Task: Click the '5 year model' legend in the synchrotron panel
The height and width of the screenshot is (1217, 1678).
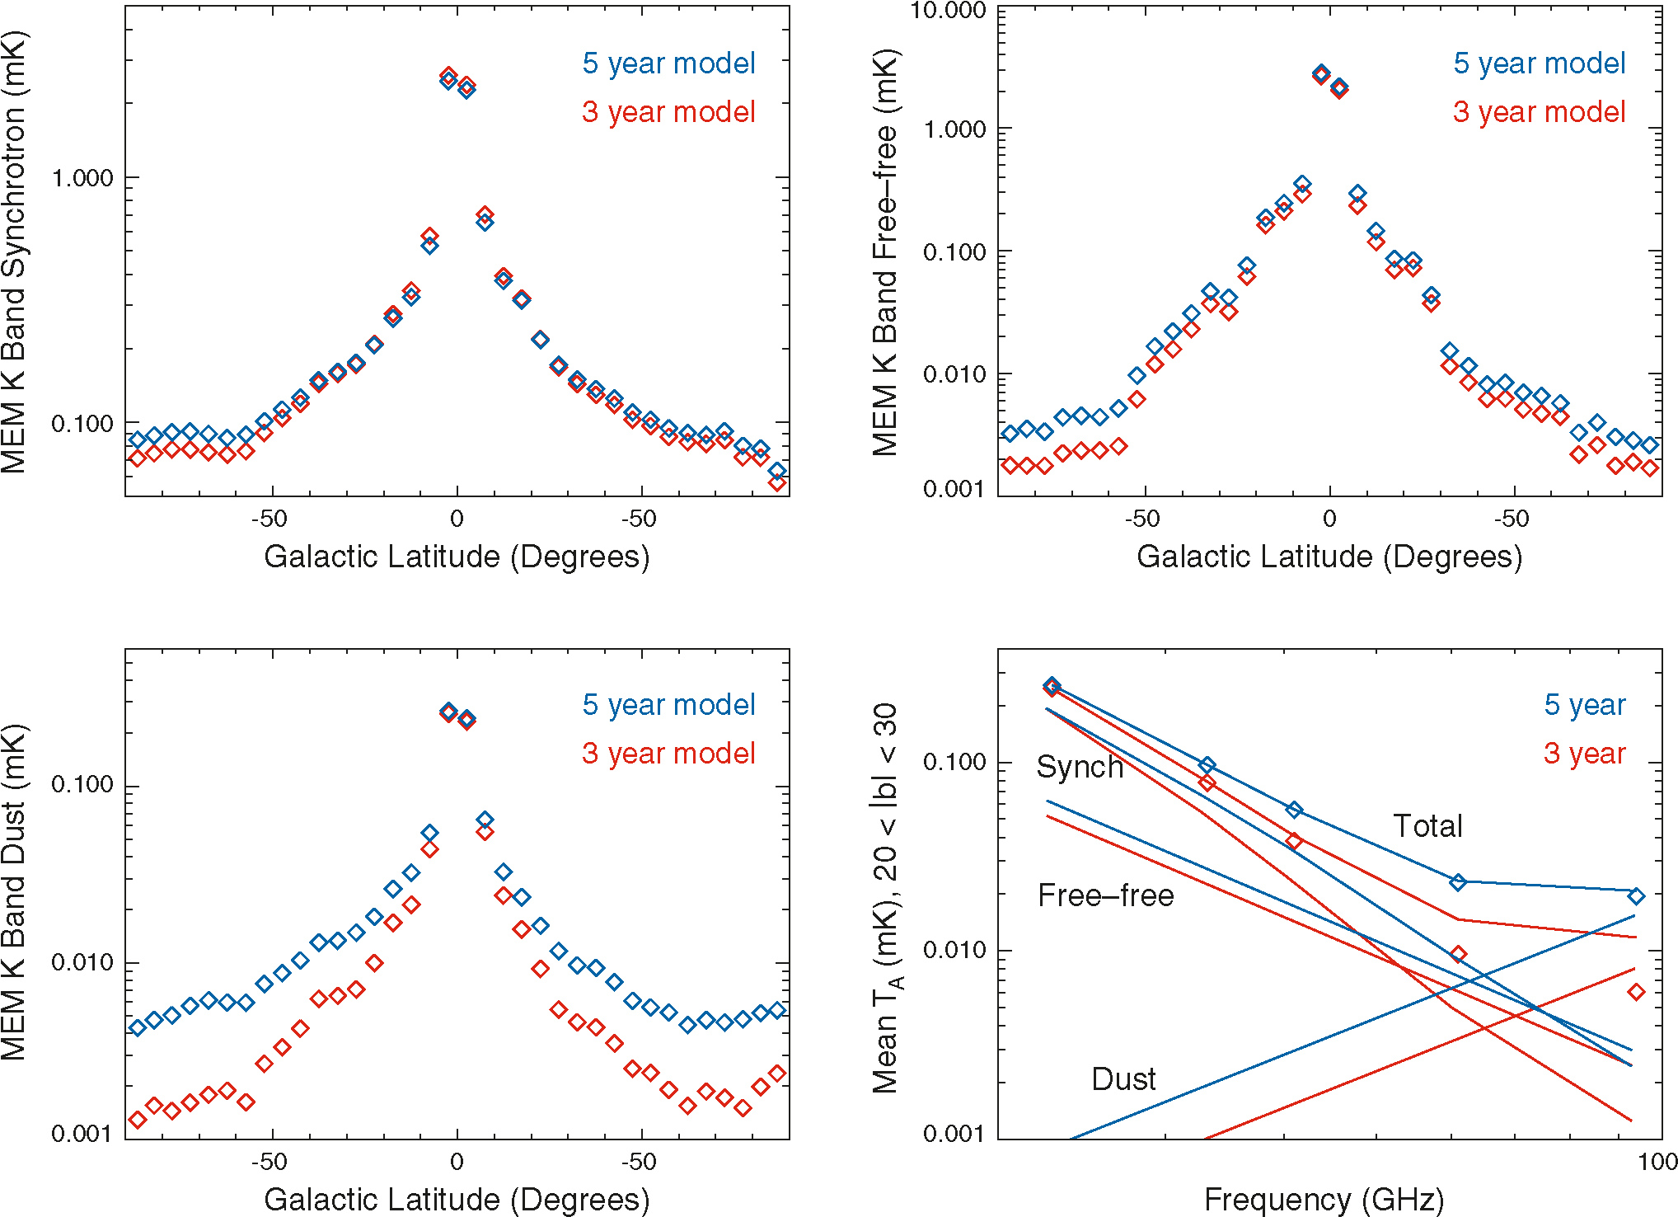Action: [x=668, y=63]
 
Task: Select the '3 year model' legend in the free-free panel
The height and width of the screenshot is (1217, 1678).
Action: [x=1539, y=112]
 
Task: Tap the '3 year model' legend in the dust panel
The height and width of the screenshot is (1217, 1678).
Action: [x=668, y=754]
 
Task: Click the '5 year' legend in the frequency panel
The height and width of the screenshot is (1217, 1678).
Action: [x=1584, y=705]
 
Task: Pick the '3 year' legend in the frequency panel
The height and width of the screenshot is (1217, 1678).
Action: [x=1584, y=754]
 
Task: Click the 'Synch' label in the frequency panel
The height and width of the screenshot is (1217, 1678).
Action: [x=1080, y=767]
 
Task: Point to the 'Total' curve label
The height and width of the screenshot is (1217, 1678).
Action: [x=1427, y=826]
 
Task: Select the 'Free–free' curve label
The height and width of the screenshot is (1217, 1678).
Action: [x=1105, y=895]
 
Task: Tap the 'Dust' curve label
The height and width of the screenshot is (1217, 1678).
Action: [x=1123, y=1079]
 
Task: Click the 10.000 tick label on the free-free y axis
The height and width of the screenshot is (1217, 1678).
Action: [x=948, y=11]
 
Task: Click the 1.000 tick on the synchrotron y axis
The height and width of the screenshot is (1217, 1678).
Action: [x=82, y=178]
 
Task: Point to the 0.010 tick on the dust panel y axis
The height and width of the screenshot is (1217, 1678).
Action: [x=82, y=963]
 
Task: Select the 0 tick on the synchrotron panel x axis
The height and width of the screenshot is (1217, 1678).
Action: [x=457, y=519]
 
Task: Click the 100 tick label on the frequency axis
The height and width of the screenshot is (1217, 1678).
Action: [x=1658, y=1162]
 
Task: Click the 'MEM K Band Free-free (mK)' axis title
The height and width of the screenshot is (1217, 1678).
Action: [x=886, y=251]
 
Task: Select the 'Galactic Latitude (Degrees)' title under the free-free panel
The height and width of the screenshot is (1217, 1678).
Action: [x=1329, y=557]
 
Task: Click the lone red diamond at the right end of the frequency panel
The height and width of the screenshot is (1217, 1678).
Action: [x=1636, y=992]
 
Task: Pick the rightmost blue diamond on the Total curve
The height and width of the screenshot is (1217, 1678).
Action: [x=1636, y=896]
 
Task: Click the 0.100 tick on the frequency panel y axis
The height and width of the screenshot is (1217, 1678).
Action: [x=954, y=762]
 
